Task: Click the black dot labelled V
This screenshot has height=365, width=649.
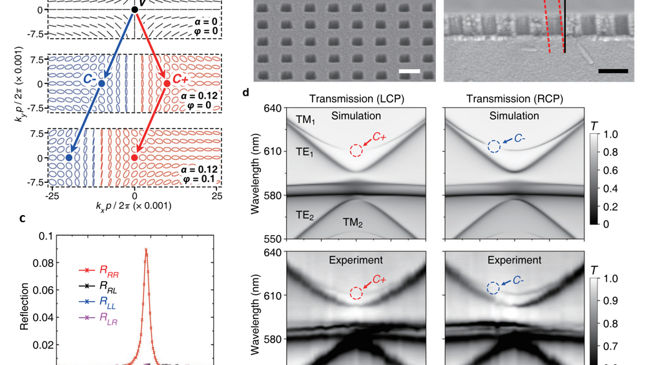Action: pos(135,10)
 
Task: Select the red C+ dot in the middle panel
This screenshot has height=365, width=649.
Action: pos(167,84)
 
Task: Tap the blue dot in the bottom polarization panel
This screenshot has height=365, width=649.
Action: pos(69,158)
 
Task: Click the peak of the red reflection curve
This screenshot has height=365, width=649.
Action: pos(147,249)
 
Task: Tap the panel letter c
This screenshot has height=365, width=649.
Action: pos(23,218)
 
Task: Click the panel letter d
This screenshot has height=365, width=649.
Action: pos(246,93)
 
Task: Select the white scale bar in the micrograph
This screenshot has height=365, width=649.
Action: pos(409,71)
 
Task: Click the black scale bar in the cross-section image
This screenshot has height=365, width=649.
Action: pos(613,71)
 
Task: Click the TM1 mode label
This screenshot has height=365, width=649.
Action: pos(305,120)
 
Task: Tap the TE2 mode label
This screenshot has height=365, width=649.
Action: pos(305,216)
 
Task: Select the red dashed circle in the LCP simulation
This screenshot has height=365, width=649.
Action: pos(356,151)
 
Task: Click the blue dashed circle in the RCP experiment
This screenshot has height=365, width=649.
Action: pos(493,288)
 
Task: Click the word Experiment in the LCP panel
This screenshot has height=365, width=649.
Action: pos(356,260)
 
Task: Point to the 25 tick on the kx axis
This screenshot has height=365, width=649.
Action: pos(217,194)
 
